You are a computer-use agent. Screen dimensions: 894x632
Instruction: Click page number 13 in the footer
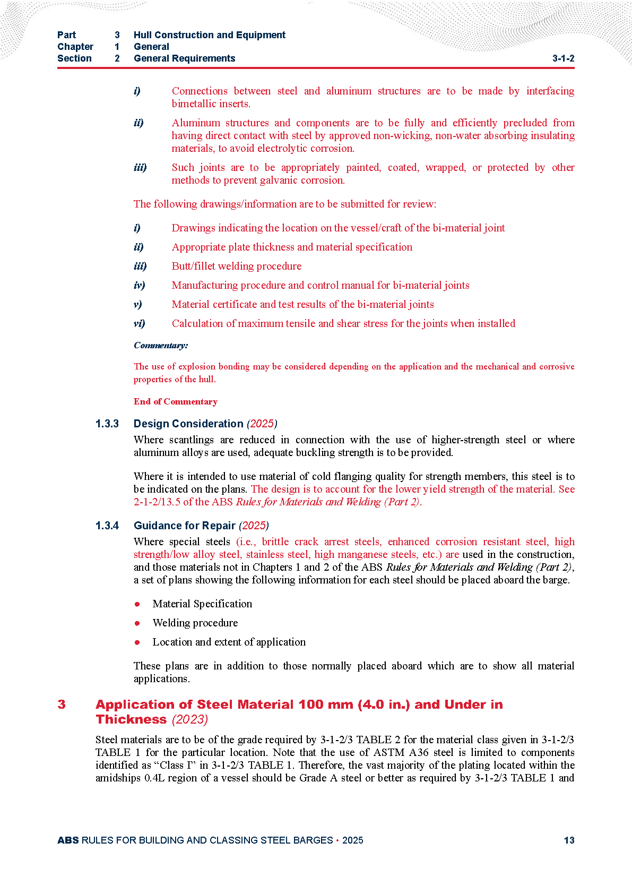tap(569, 840)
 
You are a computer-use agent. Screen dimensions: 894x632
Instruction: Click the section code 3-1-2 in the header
tap(563, 58)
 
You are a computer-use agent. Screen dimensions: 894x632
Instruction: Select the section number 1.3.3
tap(107, 424)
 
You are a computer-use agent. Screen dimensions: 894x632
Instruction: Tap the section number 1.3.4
tap(107, 526)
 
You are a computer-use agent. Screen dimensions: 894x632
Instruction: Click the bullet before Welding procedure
tap(137, 623)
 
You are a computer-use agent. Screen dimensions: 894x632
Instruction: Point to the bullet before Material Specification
tap(137, 604)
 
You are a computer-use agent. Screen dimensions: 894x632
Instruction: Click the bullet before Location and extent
tap(137, 642)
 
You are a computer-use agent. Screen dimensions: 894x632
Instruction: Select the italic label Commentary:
tap(161, 346)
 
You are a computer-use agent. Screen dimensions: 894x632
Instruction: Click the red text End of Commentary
tap(176, 401)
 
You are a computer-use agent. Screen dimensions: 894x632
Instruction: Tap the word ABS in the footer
tap(68, 840)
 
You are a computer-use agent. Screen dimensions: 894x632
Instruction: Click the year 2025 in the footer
tap(353, 840)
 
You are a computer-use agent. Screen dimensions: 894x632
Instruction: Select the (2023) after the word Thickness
tap(190, 719)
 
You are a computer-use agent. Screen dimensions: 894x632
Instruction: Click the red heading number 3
tap(62, 704)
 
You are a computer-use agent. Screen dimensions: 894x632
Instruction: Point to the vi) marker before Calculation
tap(139, 323)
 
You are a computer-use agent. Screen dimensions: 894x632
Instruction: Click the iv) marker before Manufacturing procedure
tap(139, 285)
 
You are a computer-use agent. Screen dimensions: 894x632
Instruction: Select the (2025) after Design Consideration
tap(262, 424)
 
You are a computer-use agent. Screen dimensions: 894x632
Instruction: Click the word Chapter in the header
tap(75, 47)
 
